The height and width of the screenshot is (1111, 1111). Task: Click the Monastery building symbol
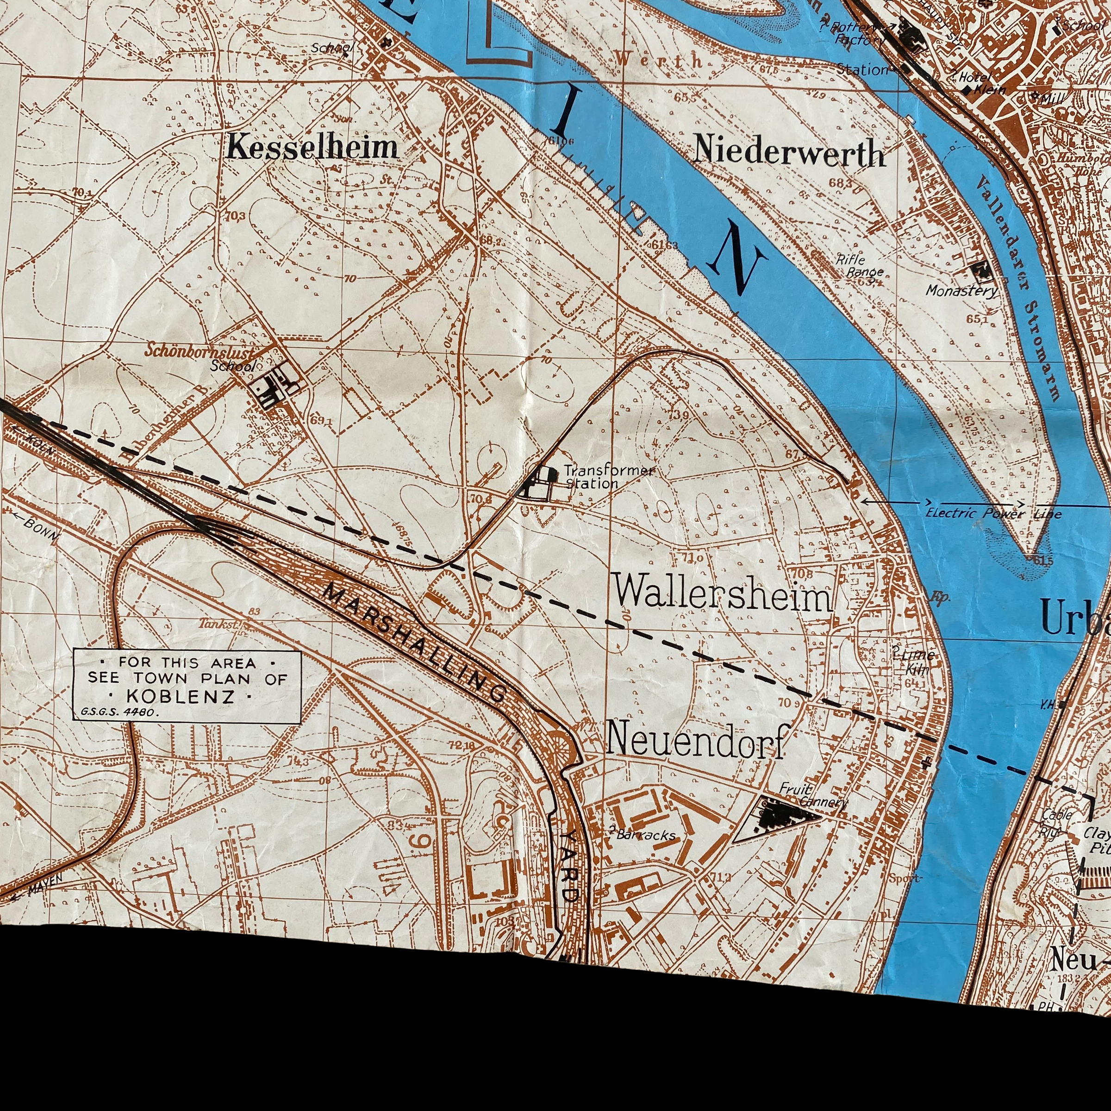[x=978, y=270]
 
